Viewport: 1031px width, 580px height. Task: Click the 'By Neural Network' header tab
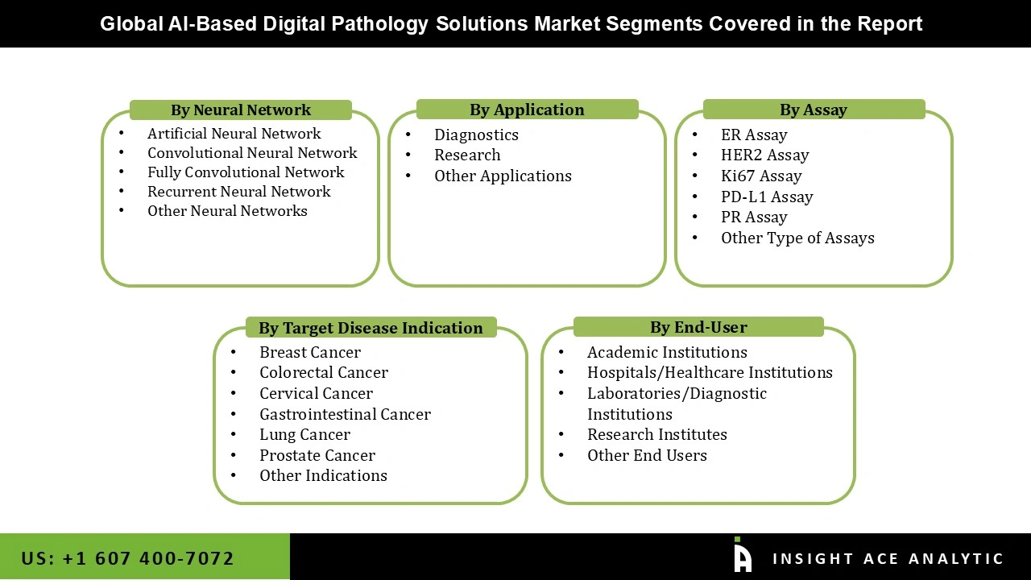pyautogui.click(x=240, y=110)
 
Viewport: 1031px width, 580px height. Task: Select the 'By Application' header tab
pyautogui.click(x=527, y=110)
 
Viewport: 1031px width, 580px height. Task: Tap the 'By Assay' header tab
pyautogui.click(x=813, y=110)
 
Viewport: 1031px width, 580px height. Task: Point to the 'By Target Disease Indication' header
pyautogui.click(x=371, y=328)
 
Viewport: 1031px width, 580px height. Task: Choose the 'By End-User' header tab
pyautogui.click(x=698, y=327)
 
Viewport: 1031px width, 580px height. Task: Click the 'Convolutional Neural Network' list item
pyautogui.click(x=252, y=153)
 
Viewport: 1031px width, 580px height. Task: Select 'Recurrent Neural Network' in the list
pyautogui.click(x=238, y=192)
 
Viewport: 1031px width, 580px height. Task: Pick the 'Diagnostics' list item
pyautogui.click(x=476, y=135)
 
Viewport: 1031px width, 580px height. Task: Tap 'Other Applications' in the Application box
pyautogui.click(x=503, y=176)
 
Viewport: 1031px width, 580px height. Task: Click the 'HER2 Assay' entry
pyautogui.click(x=764, y=155)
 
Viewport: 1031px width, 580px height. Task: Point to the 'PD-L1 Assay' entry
pyautogui.click(x=767, y=197)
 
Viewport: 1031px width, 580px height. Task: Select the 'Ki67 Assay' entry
pyautogui.click(x=761, y=176)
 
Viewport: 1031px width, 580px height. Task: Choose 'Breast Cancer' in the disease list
pyautogui.click(x=309, y=352)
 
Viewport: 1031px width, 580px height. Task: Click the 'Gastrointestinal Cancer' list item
pyautogui.click(x=345, y=414)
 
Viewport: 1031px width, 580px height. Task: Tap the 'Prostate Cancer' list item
pyautogui.click(x=317, y=455)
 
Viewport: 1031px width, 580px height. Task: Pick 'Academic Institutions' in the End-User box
pyautogui.click(x=667, y=352)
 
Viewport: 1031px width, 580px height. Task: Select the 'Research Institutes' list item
pyautogui.click(x=656, y=434)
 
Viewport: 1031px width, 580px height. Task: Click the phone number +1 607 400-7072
pyautogui.click(x=127, y=558)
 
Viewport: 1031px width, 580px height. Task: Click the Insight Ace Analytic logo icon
pyautogui.click(x=742, y=556)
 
